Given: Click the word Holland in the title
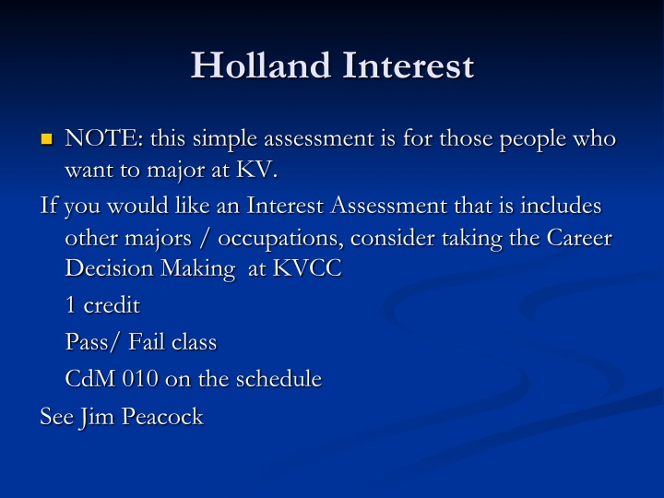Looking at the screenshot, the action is pos(261,65).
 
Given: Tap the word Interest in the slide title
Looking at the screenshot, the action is pos(409,65).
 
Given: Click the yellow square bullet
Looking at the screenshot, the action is pos(47,139).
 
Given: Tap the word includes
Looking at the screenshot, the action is pos(561,206).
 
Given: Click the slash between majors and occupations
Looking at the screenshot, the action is pos(205,238).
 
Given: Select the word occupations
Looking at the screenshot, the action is pos(280,239).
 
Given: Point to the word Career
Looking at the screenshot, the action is pos(579,238).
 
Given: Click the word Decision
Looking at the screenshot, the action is pos(109,268).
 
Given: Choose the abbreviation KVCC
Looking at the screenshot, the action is pos(307,268).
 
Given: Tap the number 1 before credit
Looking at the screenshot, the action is pos(71,305).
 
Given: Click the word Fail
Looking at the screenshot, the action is pos(146,341).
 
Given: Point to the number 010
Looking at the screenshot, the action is pos(140,379).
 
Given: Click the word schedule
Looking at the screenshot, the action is pos(279,378).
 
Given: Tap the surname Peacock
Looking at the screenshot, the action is pos(162,416).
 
